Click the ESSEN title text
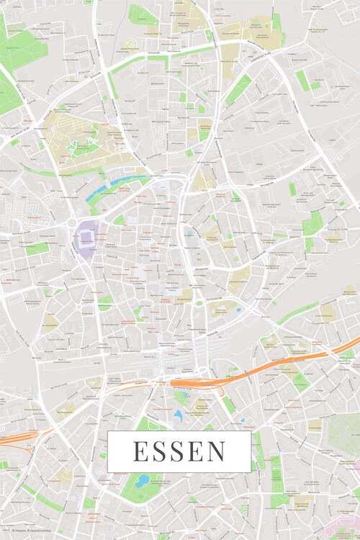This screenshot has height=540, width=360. (x=179, y=451)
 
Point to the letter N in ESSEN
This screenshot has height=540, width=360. (x=216, y=451)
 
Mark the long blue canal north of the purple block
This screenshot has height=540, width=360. (x=115, y=184)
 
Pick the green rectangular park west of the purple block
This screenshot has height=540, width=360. (x=37, y=248)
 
